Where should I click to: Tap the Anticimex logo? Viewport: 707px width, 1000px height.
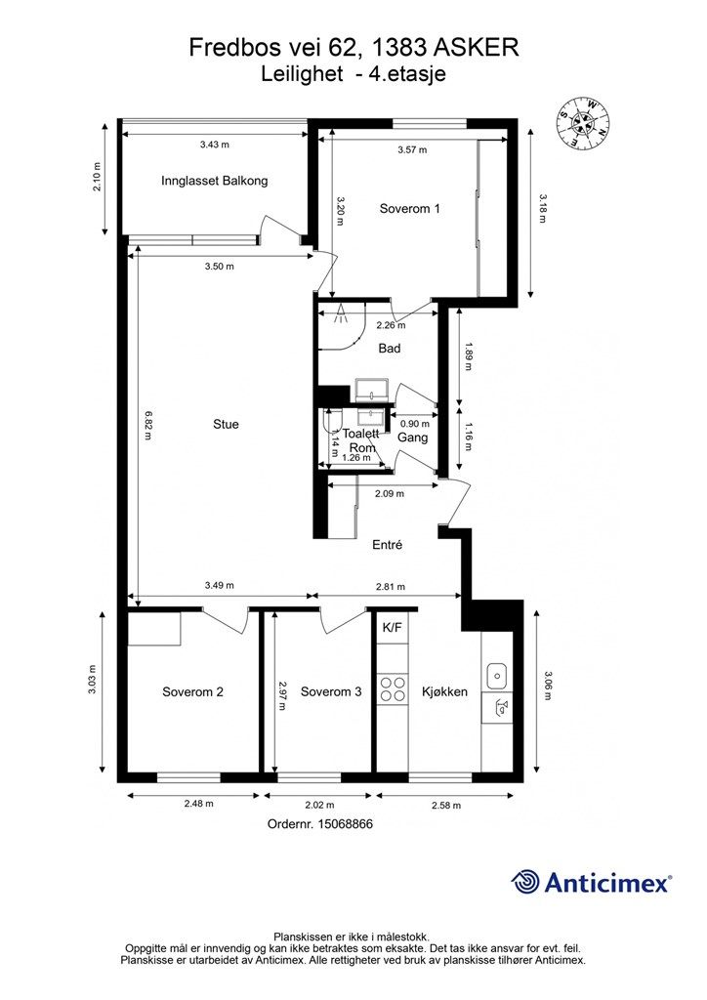point(591,882)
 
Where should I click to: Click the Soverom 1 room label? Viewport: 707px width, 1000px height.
point(409,209)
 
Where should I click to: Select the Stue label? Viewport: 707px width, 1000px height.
point(226,424)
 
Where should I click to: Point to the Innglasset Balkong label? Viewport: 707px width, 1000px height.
point(214,181)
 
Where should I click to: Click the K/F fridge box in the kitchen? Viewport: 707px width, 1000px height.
point(392,628)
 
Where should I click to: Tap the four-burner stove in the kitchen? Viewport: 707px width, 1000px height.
point(393,688)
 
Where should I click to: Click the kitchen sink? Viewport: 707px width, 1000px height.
point(497,676)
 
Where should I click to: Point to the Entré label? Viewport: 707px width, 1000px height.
point(388,545)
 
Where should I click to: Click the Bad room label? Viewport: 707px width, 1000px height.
point(389,349)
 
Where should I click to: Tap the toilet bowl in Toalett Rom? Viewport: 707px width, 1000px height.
point(333,422)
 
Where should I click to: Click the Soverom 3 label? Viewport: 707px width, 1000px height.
point(331,692)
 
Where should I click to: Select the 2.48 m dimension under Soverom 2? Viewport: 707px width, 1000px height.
point(198,804)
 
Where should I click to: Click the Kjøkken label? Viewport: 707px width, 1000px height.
point(445,692)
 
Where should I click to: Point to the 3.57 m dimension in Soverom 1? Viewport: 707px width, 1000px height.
point(412,149)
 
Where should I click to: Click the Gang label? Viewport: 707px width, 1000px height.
point(412,437)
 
